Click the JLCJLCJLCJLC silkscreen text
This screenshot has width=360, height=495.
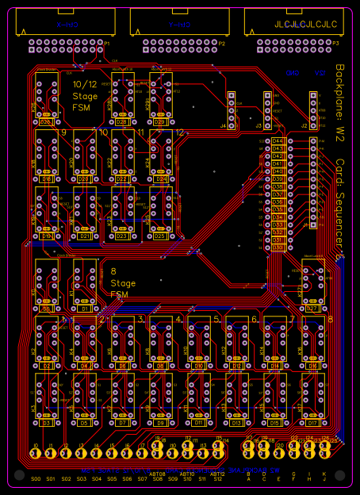click(305, 25)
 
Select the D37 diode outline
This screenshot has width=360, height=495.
click(278, 195)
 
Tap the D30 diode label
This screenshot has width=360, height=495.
click(278, 247)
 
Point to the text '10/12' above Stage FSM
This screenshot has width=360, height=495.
click(85, 85)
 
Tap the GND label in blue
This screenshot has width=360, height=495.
click(293, 73)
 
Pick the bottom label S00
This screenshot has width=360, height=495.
click(36, 479)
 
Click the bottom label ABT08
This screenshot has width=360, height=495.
click(156, 474)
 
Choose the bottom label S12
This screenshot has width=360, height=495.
click(218, 479)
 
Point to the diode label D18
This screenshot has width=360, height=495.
click(46, 179)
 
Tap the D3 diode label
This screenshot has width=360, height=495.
click(46, 424)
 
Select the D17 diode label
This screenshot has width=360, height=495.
click(313, 424)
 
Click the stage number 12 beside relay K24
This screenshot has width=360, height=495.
click(180, 132)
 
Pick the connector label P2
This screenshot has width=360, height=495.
click(222, 44)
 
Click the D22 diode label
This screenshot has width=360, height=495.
click(121, 179)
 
